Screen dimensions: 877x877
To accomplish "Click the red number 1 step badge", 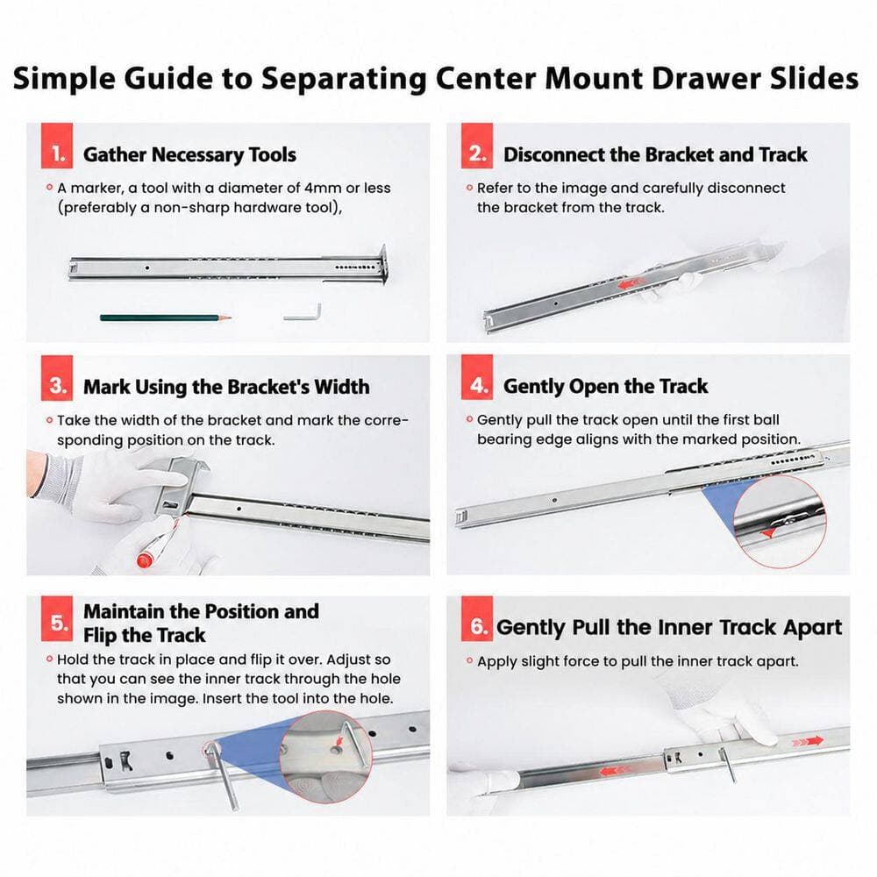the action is pyautogui.click(x=57, y=146).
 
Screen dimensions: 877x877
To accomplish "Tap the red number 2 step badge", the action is pyautogui.click(x=477, y=146).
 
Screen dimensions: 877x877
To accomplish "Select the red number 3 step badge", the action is pyautogui.click(x=57, y=378).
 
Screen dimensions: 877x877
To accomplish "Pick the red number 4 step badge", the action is pyautogui.click(x=477, y=377).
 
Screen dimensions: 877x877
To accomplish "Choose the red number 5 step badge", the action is pyautogui.click(x=57, y=618).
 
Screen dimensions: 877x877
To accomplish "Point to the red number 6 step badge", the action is pyautogui.click(x=477, y=618).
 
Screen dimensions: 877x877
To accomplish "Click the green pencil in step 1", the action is pyautogui.click(x=166, y=317).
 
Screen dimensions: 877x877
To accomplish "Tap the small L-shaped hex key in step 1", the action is pyautogui.click(x=305, y=313).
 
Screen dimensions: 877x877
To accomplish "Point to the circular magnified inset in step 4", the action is pyautogui.click(x=779, y=522).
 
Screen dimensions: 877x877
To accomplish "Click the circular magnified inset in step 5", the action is pyautogui.click(x=325, y=758).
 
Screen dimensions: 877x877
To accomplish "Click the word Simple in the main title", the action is pyautogui.click(x=64, y=78).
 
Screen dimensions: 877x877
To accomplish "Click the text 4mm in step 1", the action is pyautogui.click(x=323, y=188).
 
